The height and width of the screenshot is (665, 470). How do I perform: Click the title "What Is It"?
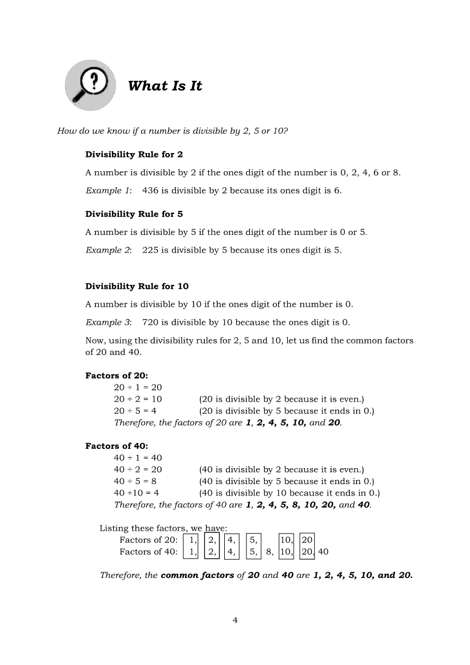coord(165,86)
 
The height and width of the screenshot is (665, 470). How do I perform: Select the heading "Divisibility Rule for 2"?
coord(134,154)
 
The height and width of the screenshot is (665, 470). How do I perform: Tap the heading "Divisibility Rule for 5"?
coord(134,214)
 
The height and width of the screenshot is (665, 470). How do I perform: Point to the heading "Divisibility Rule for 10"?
coord(137,286)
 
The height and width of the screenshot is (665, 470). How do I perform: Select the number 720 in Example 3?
coord(150,322)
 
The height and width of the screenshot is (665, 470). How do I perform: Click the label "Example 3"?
coord(108,322)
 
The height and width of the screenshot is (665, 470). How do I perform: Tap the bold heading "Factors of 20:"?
coord(117,375)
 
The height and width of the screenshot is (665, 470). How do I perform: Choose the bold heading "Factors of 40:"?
coord(117,445)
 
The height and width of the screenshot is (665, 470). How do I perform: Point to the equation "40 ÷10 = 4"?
coord(137,493)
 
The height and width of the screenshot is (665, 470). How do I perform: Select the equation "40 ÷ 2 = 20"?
coord(138,469)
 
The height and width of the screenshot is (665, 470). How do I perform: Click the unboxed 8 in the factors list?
coord(269,551)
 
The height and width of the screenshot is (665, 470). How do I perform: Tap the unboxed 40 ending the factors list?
coord(323,551)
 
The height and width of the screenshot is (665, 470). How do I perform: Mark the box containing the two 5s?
coord(254,545)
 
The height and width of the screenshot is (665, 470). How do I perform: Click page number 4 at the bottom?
coord(235,620)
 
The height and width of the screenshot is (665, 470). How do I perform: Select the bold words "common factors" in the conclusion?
coord(197,575)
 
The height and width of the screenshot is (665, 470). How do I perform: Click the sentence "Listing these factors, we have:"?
coord(163,528)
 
